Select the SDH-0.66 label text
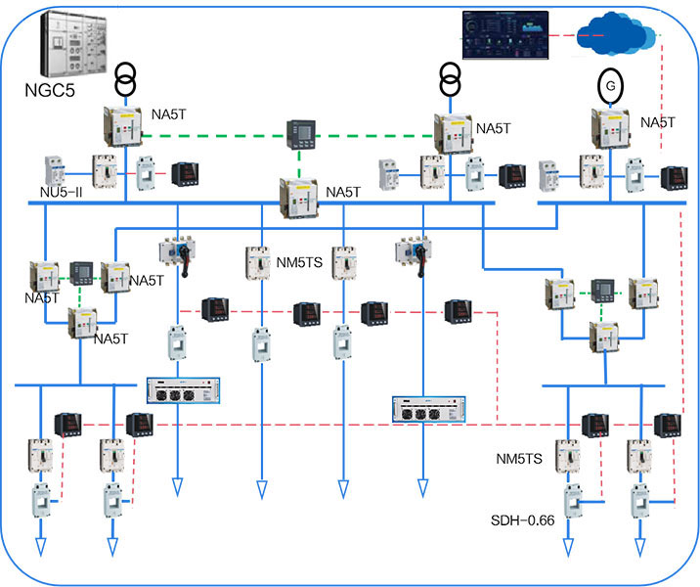pos(523,520)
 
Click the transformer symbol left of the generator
pos(449,78)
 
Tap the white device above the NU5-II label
pos(54,170)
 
